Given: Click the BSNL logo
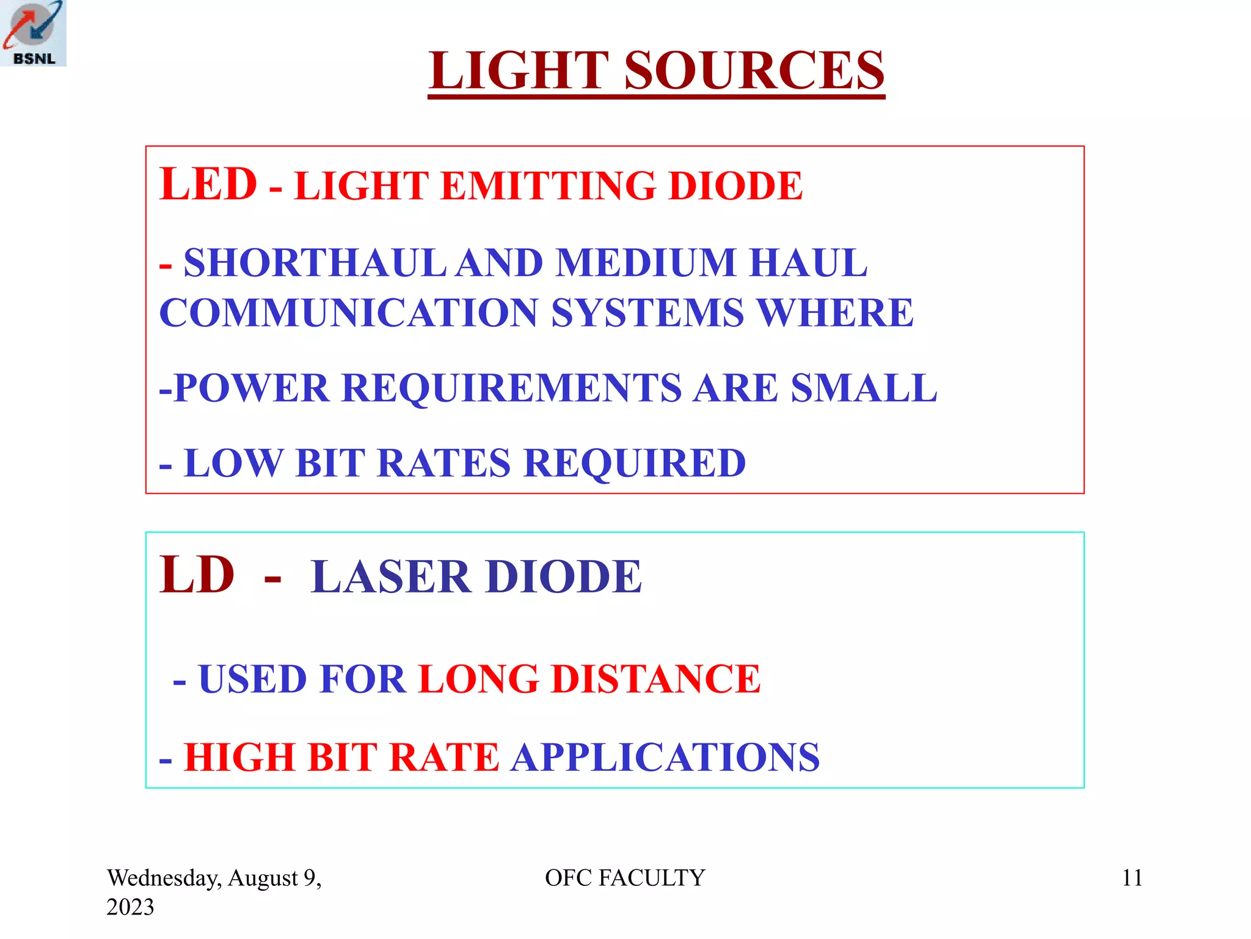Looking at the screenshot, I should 33,33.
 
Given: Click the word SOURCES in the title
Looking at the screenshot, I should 754,70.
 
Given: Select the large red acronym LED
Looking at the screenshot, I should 208,184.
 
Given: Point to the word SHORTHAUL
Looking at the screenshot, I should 315,263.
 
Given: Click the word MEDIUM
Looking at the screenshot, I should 646,263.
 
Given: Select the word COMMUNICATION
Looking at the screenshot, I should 348,313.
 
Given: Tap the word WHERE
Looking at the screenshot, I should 835,313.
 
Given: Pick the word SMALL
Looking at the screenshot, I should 864,388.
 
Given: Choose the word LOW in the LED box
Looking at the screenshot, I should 233,463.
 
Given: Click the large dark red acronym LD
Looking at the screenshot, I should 197,575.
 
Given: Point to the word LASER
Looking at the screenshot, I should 391,576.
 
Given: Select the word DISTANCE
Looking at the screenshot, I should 655,679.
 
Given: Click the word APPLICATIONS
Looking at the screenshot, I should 665,757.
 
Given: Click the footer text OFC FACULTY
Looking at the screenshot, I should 624,878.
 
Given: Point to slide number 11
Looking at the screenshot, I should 1132,878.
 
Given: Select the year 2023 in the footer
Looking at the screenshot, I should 130,907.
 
